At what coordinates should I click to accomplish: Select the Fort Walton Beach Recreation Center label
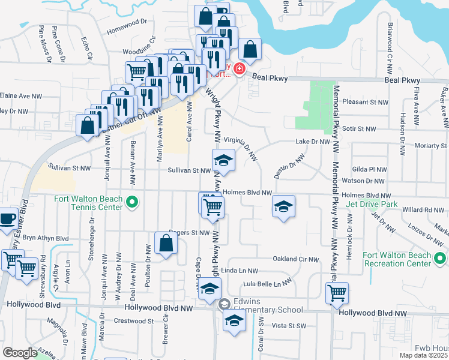[x=397, y=259]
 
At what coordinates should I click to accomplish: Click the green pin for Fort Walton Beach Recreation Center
[x=440, y=259]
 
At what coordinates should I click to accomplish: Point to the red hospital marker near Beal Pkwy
[x=239, y=70]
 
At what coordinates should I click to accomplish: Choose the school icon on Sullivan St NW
[x=223, y=160]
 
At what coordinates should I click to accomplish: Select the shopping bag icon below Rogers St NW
[x=166, y=244]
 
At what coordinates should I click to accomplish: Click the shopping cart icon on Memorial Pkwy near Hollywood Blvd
[x=337, y=293]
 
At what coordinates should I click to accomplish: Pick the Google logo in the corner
[x=20, y=352]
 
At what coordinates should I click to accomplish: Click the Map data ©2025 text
[x=423, y=355]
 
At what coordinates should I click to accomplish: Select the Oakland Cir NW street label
[x=294, y=259]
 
